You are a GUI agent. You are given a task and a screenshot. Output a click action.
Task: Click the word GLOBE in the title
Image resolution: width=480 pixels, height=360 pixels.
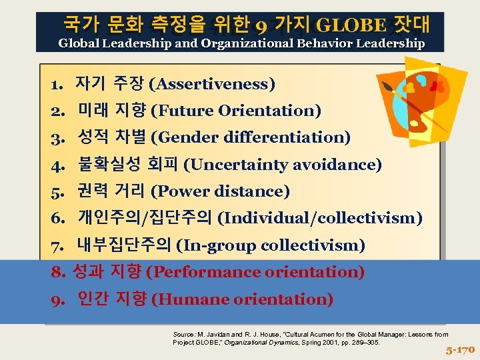[x=351, y=26]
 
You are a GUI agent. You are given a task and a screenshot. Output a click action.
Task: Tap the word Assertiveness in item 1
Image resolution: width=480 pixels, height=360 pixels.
[x=212, y=84]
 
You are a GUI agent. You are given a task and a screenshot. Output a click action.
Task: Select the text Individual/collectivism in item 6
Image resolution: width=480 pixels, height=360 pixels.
[x=320, y=219]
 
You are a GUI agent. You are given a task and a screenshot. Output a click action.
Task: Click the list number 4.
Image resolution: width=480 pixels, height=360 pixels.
[x=56, y=165]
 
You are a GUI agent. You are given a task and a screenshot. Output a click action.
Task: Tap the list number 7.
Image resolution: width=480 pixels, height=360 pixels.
[x=56, y=246]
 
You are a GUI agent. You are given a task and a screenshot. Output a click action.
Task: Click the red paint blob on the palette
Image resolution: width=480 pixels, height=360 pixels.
[x=437, y=86]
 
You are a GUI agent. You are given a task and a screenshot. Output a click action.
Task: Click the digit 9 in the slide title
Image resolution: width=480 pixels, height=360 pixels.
[x=261, y=26]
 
